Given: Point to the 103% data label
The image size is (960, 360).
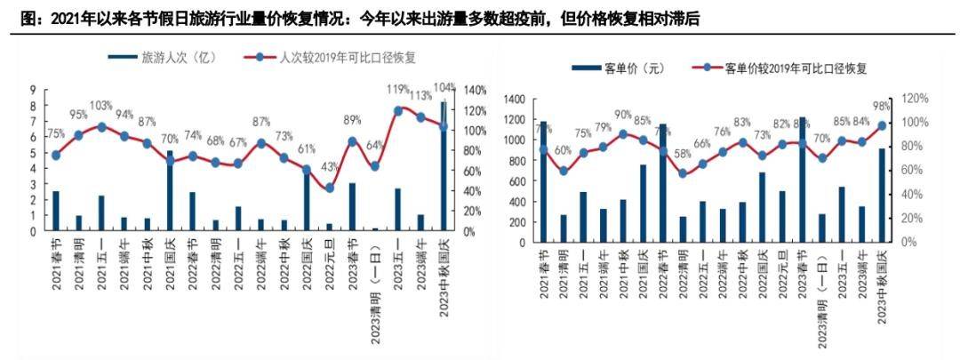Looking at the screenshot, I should (x=101, y=105).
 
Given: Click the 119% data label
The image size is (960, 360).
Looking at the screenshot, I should (x=397, y=89).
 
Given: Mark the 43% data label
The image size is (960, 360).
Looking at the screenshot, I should (x=330, y=166).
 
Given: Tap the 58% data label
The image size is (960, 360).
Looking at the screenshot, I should (x=684, y=153).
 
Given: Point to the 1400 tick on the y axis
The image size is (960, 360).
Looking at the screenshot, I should (x=515, y=99).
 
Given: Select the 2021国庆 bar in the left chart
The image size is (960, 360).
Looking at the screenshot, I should (x=170, y=190).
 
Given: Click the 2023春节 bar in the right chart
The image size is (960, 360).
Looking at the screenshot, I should (x=803, y=179).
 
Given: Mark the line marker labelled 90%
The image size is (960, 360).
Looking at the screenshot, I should (x=624, y=134).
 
